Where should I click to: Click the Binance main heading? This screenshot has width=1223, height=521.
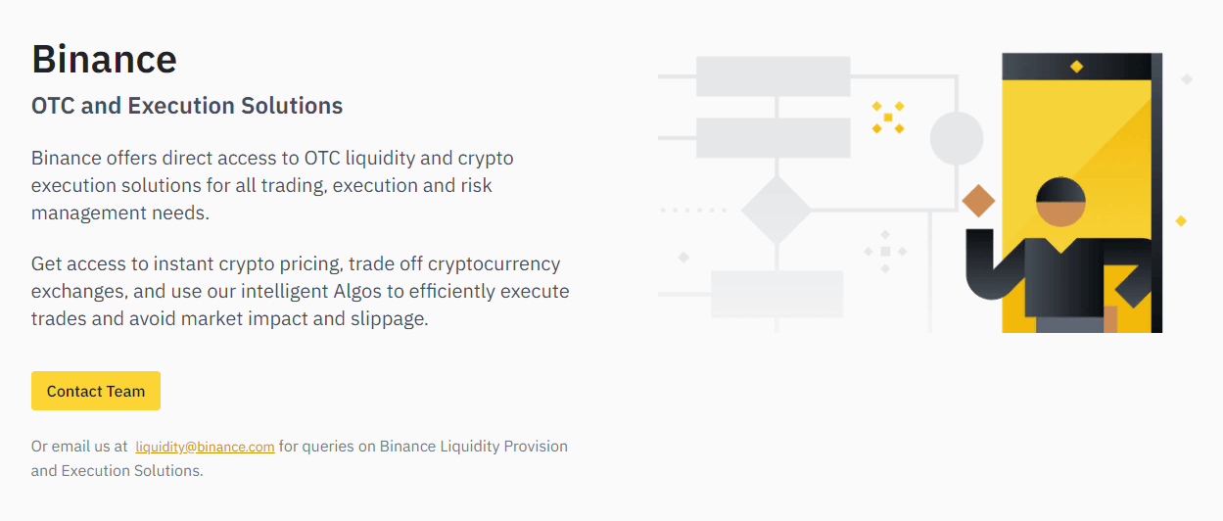click(x=104, y=59)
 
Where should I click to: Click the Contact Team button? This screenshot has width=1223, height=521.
click(x=96, y=391)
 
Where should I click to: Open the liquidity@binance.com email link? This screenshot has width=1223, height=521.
click(x=205, y=447)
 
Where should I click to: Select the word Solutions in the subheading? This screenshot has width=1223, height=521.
click(x=292, y=106)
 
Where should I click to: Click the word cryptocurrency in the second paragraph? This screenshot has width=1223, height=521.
click(x=494, y=264)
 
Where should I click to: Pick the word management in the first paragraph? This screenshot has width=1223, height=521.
click(x=88, y=213)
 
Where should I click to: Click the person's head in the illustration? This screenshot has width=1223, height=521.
click(x=1060, y=202)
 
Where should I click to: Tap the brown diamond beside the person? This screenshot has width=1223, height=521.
click(x=978, y=201)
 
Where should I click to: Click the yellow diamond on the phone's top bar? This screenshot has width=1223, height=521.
click(x=1077, y=67)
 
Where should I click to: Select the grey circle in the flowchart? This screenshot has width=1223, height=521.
click(x=957, y=138)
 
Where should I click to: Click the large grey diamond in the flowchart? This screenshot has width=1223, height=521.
click(x=776, y=210)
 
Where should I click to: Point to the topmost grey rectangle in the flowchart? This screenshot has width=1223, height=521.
click(x=774, y=76)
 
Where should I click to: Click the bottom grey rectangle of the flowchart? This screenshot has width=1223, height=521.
click(x=776, y=294)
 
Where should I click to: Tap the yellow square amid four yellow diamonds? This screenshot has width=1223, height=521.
click(x=888, y=118)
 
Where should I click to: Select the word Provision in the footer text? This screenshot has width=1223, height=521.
click(x=536, y=447)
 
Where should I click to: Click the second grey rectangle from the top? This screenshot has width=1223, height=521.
click(x=774, y=138)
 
